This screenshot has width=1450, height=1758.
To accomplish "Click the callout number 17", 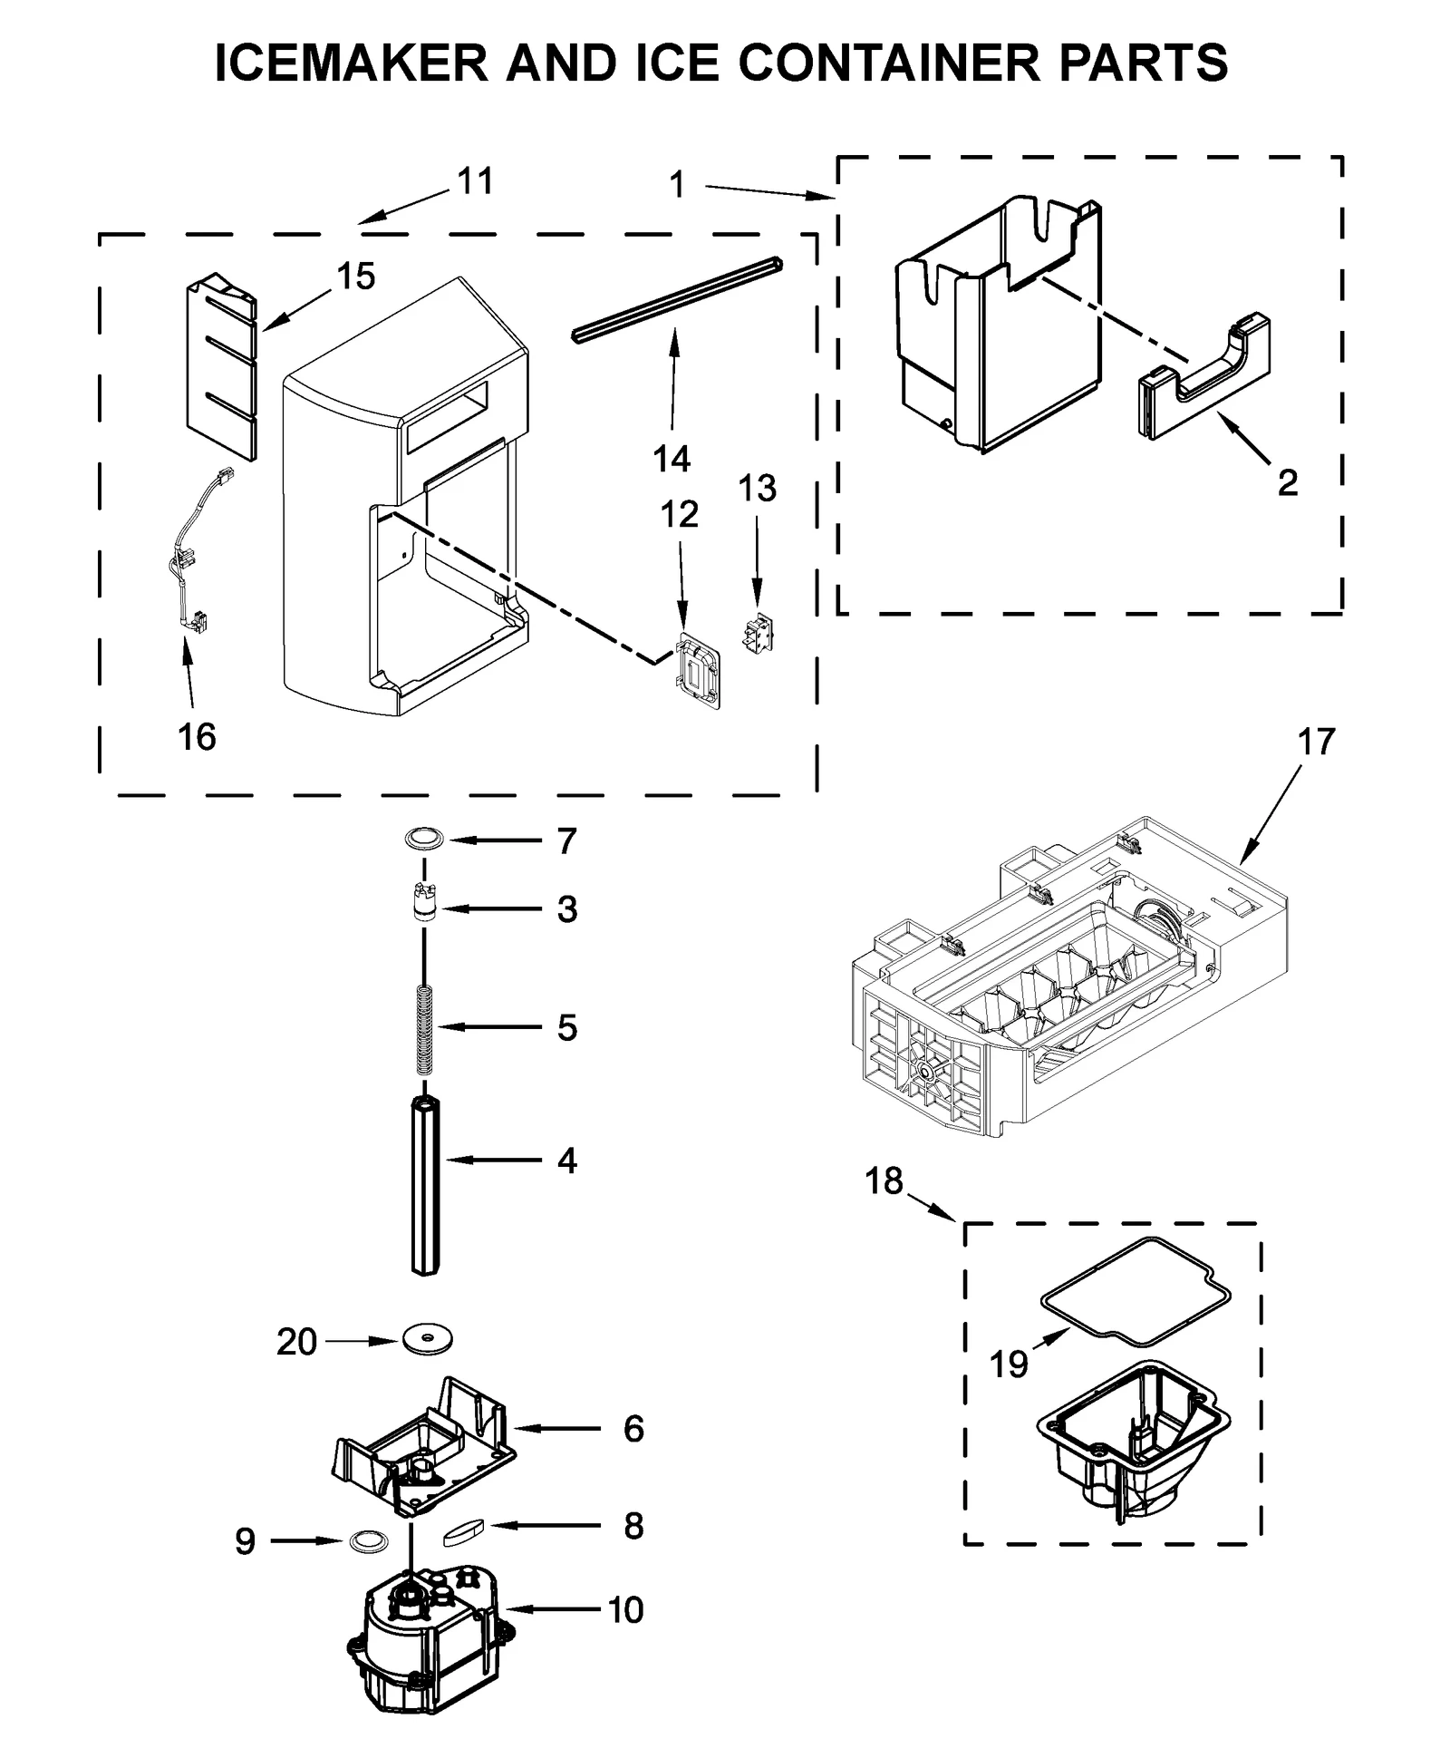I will [1316, 742].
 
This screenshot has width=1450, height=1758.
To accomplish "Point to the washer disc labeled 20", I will [428, 1338].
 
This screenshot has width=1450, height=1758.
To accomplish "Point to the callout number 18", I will [884, 1180].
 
